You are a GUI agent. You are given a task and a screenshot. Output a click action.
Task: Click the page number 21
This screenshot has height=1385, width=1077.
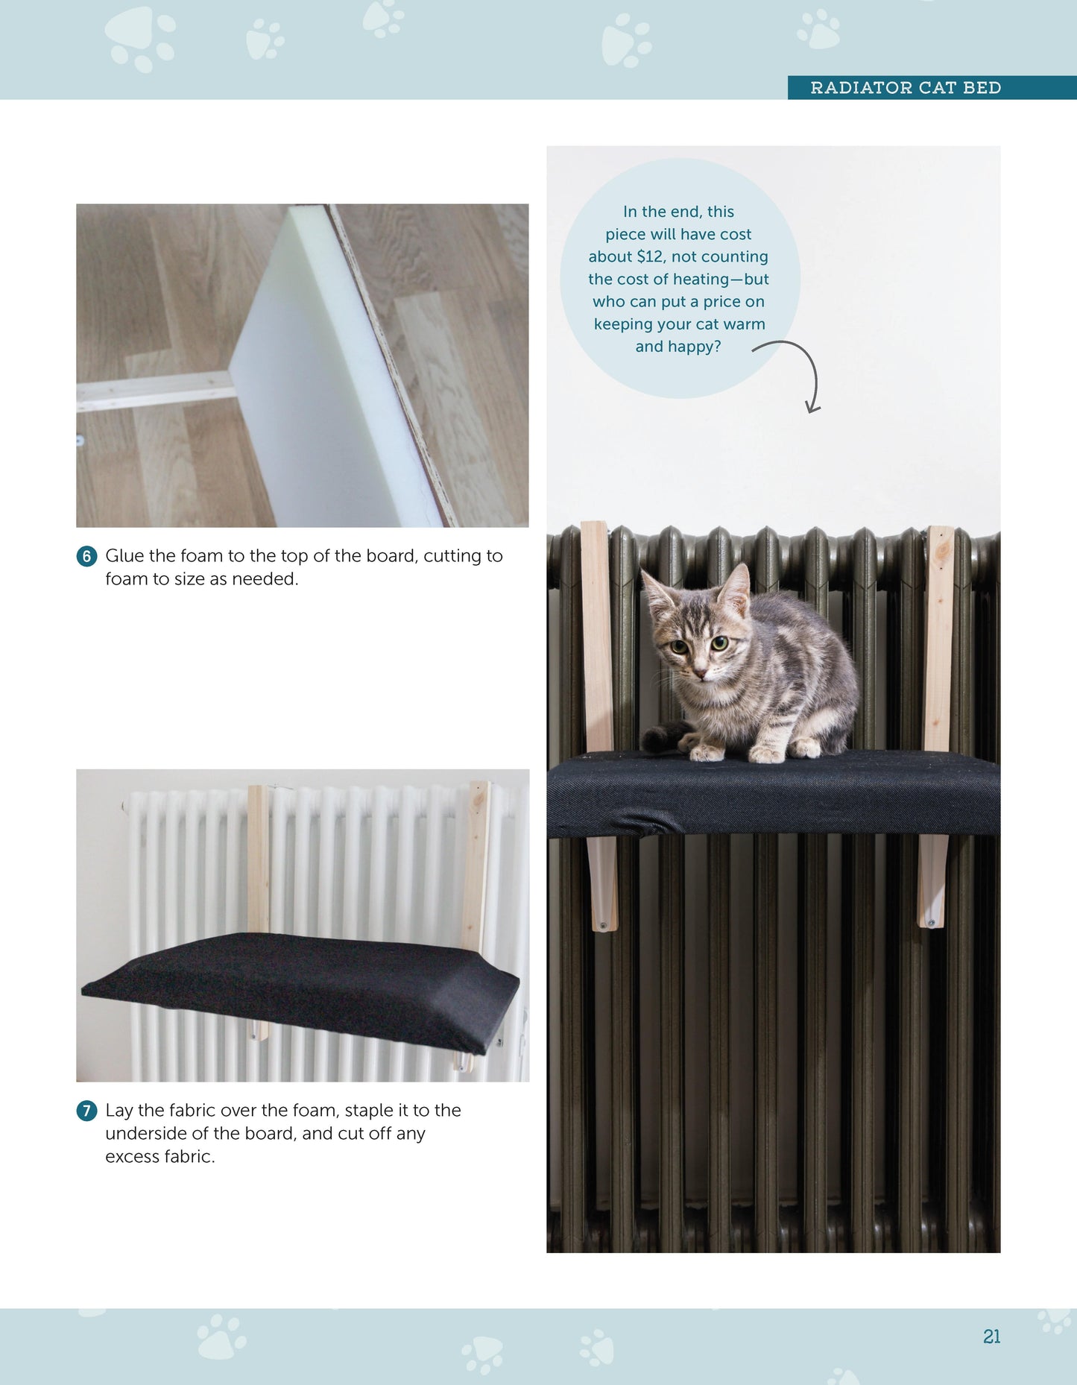[991, 1337]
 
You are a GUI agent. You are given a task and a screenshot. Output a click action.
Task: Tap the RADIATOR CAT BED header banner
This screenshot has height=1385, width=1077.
[905, 88]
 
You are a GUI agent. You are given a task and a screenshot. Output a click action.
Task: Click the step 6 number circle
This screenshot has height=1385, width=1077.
[86, 556]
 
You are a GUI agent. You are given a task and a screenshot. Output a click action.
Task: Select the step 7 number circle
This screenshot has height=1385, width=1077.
[86, 1111]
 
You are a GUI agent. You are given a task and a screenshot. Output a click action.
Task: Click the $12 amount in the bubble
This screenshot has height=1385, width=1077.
[649, 256]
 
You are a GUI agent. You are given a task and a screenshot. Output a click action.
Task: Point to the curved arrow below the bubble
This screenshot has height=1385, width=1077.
[798, 373]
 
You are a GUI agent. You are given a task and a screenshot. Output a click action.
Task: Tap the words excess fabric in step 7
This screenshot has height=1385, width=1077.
[160, 1157]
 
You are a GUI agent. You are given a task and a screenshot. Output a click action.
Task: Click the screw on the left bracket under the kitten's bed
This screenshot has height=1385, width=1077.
[602, 926]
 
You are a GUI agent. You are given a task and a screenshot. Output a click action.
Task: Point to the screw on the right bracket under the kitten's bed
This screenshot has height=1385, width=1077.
[931, 924]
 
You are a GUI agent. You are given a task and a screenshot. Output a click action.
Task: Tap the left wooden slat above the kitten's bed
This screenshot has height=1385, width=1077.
[597, 634]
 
